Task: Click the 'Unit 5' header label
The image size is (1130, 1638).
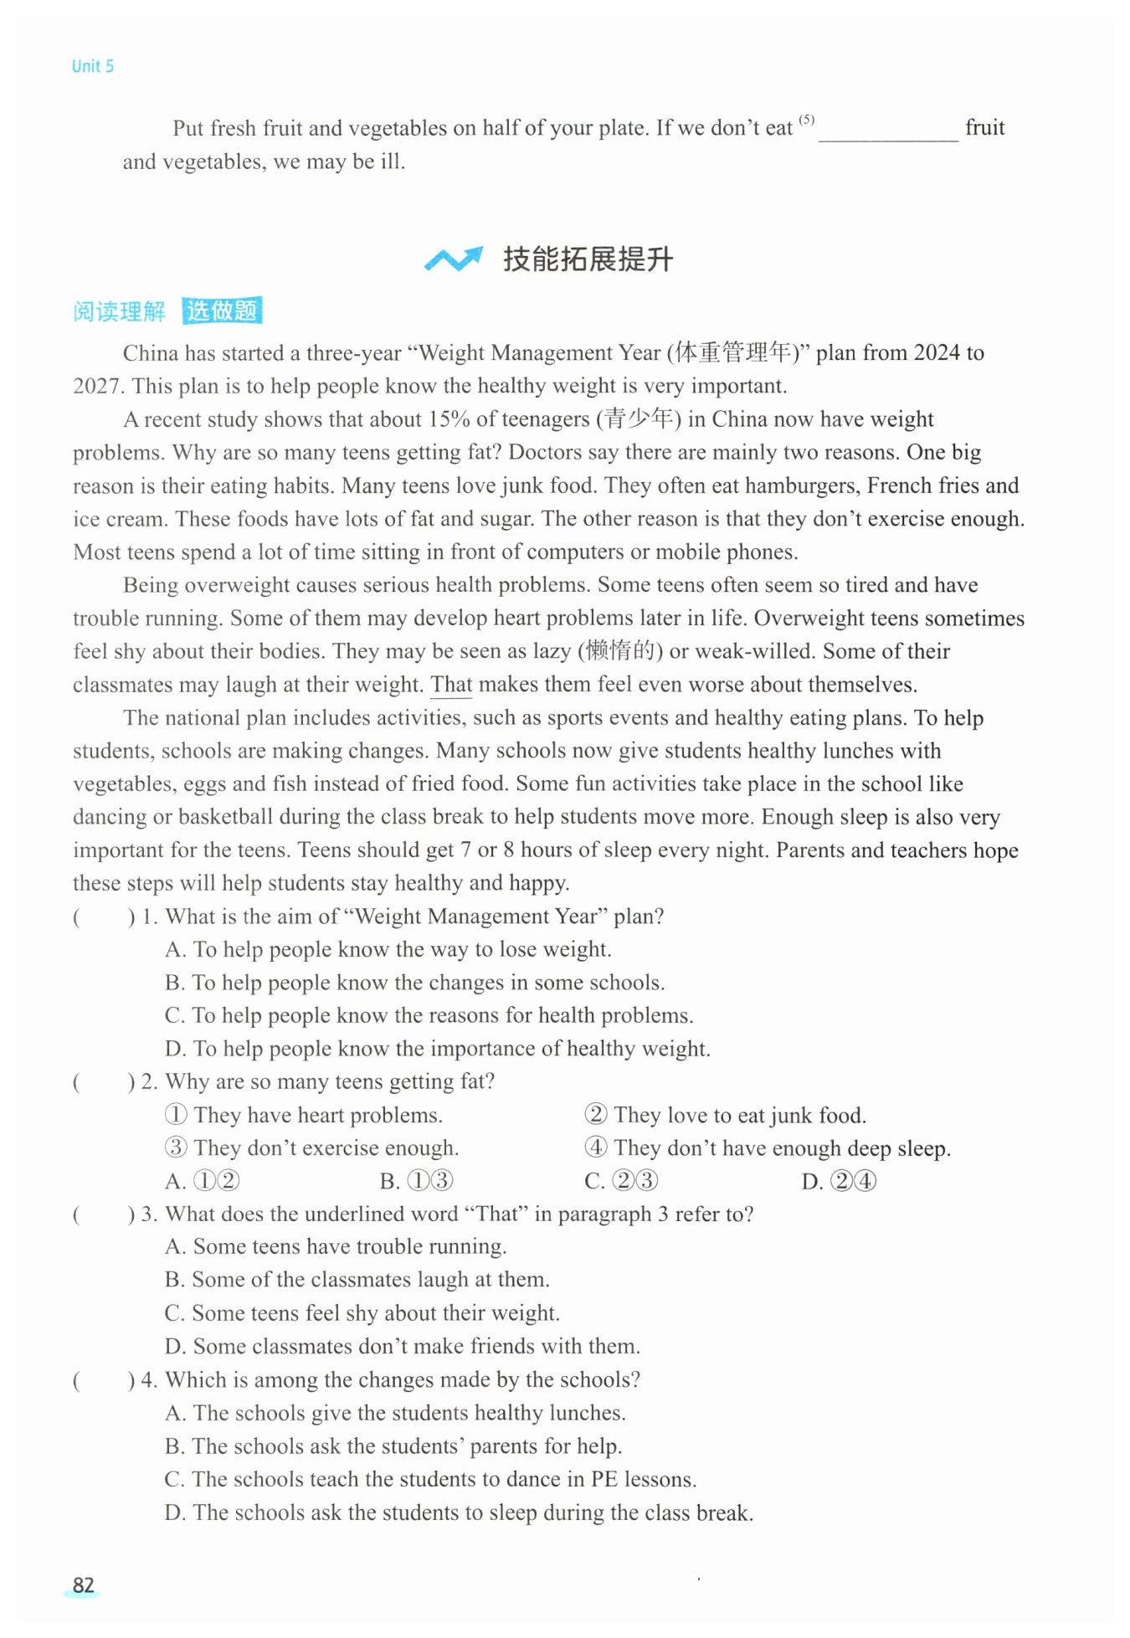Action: click(92, 66)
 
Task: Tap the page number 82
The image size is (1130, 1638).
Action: click(83, 1584)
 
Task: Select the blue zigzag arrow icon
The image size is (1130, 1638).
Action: click(453, 259)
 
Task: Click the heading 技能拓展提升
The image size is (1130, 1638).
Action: click(588, 259)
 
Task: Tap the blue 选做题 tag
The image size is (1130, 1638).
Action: click(222, 311)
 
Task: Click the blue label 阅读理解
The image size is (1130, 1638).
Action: click(119, 311)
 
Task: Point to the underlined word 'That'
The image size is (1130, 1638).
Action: click(451, 685)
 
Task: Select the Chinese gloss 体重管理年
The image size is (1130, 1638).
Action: click(732, 352)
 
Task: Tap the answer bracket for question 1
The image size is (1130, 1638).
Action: click(103, 917)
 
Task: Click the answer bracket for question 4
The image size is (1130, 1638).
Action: click(103, 1379)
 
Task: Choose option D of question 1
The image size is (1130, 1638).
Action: click(437, 1049)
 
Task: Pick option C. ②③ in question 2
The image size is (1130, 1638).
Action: click(621, 1181)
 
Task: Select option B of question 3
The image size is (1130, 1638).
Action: click(357, 1280)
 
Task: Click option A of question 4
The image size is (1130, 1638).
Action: click(395, 1413)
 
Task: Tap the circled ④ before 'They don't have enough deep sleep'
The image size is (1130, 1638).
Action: click(595, 1148)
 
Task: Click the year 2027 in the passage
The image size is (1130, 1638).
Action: click(96, 386)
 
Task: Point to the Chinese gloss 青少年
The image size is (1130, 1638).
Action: click(639, 418)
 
